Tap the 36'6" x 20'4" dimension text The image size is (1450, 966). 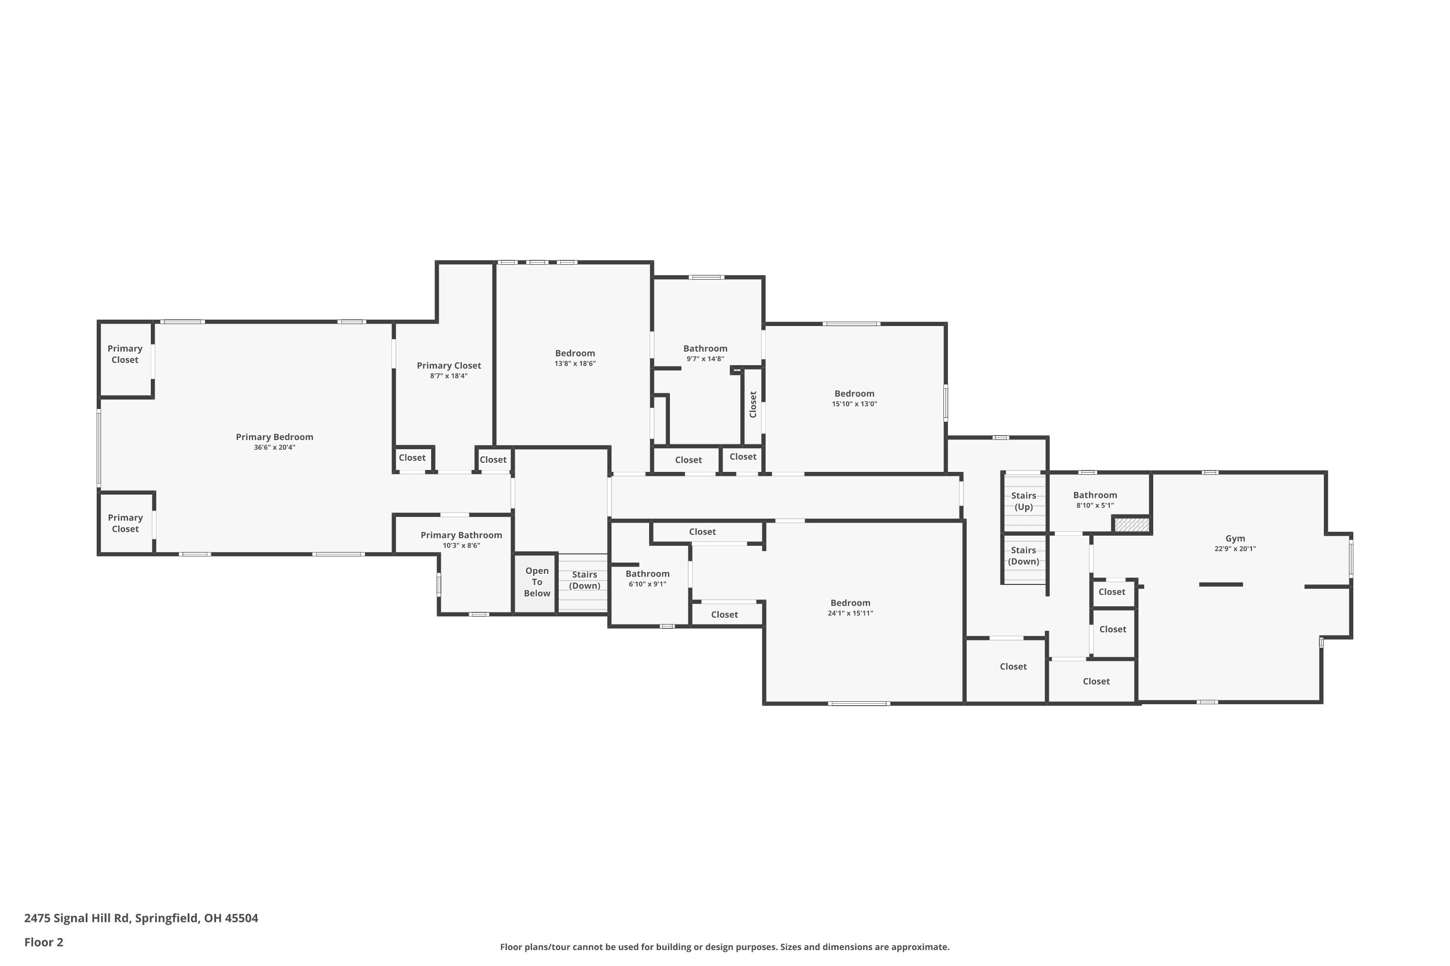pyautogui.click(x=275, y=447)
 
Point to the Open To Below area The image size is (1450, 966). pyautogui.click(x=537, y=582)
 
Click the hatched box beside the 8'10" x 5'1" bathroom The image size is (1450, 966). pyautogui.click(x=1132, y=525)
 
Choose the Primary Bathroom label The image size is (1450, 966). pyautogui.click(x=461, y=535)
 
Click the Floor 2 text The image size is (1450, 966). pyautogui.click(x=44, y=942)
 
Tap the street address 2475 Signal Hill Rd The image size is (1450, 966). pyautogui.click(x=76, y=918)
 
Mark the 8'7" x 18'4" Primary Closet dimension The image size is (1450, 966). pyautogui.click(x=449, y=376)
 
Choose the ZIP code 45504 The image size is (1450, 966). pyautogui.click(x=241, y=918)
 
